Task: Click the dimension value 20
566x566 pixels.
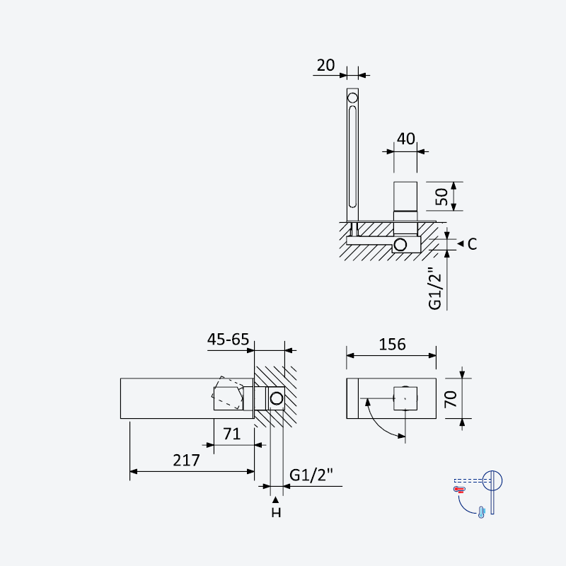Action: (325, 65)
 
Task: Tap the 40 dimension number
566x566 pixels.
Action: (405, 139)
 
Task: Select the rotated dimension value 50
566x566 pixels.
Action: (441, 197)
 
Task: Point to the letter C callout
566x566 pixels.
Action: (472, 244)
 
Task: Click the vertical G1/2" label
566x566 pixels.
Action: (435, 289)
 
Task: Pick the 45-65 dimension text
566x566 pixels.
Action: (228, 340)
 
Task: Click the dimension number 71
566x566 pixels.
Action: (232, 434)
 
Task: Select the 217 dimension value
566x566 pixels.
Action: (186, 461)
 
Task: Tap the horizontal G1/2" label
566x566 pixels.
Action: (311, 475)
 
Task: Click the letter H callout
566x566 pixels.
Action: (276, 512)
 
